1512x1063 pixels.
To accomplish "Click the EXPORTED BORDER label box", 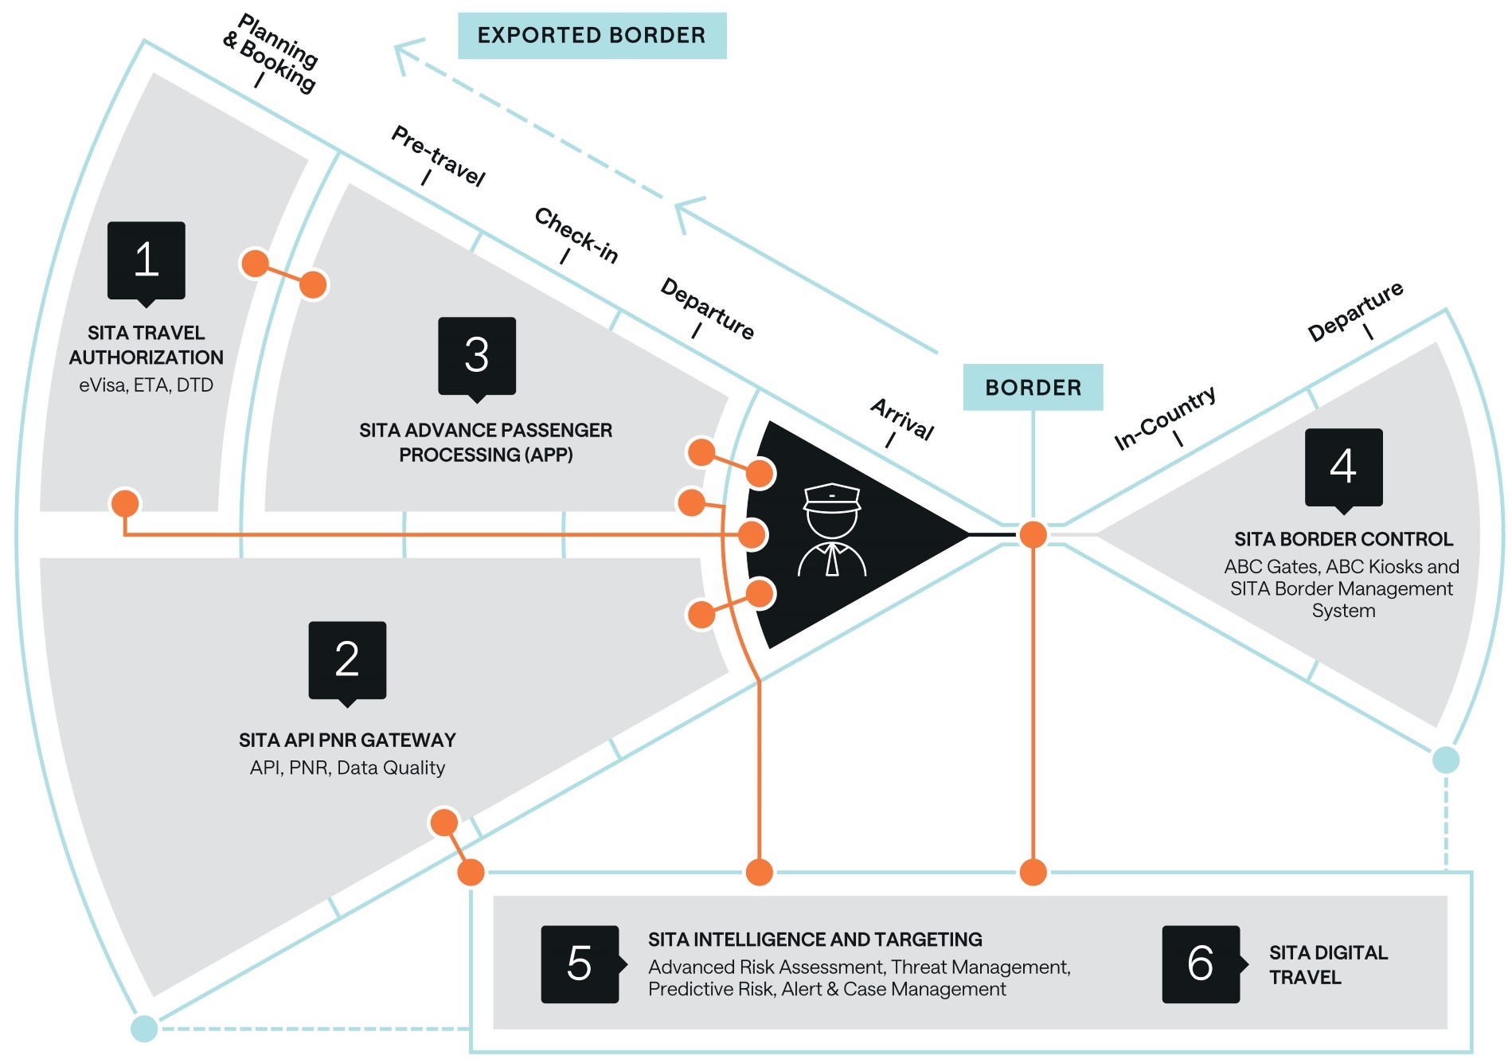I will tap(592, 36).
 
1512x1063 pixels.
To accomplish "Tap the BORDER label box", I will tap(1033, 388).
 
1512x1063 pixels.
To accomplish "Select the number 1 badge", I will tap(147, 260).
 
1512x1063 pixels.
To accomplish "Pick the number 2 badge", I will tap(347, 660).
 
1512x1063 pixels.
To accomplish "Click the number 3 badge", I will tap(477, 356).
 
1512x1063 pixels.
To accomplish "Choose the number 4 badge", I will tap(1343, 467).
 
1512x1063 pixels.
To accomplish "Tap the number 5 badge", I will tap(580, 963).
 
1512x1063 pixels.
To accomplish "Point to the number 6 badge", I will tap(1201, 963).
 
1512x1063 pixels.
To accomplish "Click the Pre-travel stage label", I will tap(439, 155).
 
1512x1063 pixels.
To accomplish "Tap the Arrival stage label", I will tap(902, 419).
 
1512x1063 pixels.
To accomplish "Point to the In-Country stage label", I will tap(1164, 418).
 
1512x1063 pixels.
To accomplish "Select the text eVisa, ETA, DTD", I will tap(146, 385).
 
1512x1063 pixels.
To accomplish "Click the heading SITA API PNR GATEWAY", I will tap(347, 741).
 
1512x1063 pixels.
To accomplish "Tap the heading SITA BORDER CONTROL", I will tap(1343, 539).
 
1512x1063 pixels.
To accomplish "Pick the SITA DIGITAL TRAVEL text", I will tap(1328, 965).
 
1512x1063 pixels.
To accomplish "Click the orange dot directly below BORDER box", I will tap(1033, 534).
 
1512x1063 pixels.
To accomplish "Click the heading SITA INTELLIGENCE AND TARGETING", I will tap(815, 940).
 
